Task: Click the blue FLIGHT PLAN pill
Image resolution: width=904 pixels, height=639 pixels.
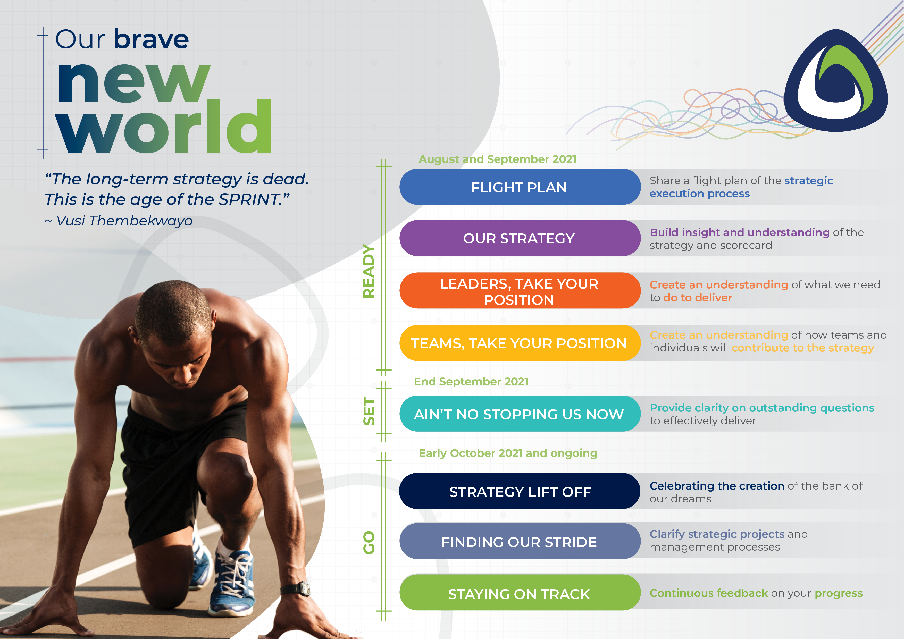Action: (x=520, y=187)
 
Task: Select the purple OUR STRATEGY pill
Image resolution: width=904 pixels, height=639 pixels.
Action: (x=520, y=238)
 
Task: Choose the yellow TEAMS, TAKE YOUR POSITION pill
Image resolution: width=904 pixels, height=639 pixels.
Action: (x=520, y=343)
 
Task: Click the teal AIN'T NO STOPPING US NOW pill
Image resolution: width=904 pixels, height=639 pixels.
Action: (x=520, y=414)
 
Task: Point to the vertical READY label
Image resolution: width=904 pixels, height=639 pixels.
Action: (x=369, y=271)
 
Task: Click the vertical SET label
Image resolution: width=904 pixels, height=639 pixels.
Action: (x=369, y=411)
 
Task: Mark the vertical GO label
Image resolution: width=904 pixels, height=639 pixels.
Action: (x=369, y=543)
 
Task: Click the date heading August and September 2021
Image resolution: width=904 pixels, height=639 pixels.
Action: (x=497, y=159)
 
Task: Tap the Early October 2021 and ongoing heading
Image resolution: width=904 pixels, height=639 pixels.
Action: (x=508, y=453)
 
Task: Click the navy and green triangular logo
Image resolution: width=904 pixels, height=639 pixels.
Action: (x=835, y=81)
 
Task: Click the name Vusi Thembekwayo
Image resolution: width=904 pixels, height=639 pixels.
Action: (x=124, y=221)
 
